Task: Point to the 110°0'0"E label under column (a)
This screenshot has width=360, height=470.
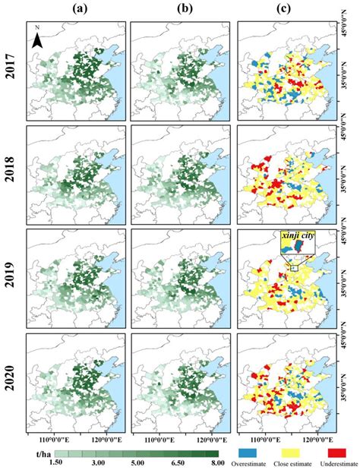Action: point(51,438)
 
